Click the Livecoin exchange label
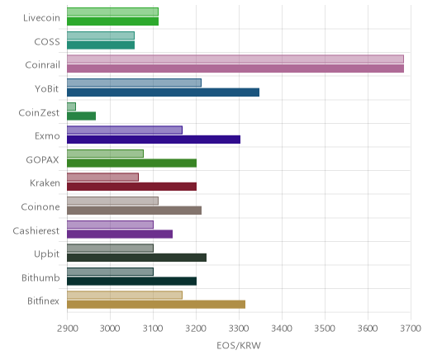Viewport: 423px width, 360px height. point(41,18)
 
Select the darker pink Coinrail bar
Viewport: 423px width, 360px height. point(235,69)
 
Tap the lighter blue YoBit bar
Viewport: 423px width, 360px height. point(134,83)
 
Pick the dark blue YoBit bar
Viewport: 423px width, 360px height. point(164,92)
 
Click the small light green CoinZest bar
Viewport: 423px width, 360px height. point(71,107)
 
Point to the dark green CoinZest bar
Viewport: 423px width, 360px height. point(82,116)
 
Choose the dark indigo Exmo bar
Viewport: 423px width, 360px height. point(154,140)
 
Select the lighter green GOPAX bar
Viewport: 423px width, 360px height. point(105,154)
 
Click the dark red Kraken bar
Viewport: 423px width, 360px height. point(132,187)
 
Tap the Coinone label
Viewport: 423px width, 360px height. point(40,206)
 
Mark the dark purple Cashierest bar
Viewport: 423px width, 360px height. point(120,234)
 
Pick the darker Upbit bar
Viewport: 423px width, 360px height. point(137,258)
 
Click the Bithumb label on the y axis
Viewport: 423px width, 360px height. point(40,277)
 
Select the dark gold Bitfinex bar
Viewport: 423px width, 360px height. point(156,305)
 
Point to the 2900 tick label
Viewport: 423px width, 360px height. point(68,329)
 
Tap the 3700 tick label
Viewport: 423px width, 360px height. point(411,329)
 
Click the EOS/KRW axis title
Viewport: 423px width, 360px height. point(239,345)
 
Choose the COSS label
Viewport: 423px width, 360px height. point(47,42)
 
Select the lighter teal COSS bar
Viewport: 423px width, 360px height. point(101,36)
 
